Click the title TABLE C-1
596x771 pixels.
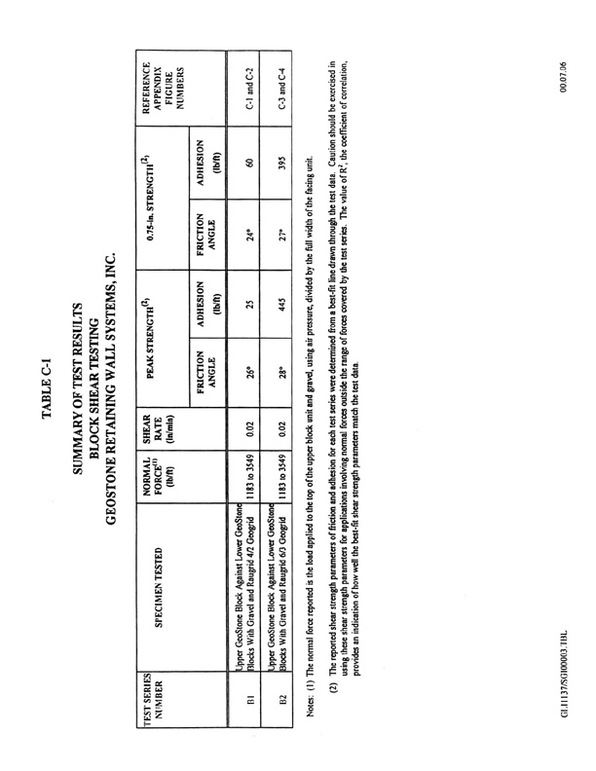coord(47,385)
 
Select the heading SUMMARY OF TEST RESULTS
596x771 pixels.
coord(77,385)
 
